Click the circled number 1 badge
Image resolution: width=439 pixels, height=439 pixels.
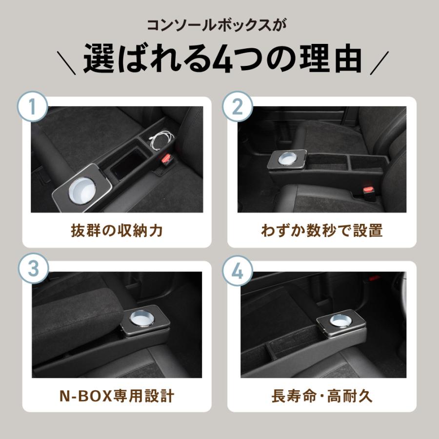click(x=33, y=106)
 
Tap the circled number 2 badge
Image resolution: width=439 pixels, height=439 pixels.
click(x=238, y=106)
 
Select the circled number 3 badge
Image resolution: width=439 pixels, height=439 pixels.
click(x=33, y=268)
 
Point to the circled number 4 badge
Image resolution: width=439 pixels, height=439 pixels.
click(x=238, y=271)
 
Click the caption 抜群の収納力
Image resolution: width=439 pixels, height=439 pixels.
click(x=117, y=231)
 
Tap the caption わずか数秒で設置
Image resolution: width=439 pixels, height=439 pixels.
click(x=322, y=231)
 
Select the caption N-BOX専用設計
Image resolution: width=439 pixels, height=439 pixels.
click(x=117, y=396)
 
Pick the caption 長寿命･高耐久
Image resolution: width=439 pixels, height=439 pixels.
click(x=322, y=396)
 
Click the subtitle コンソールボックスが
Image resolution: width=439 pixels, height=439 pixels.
click(x=217, y=25)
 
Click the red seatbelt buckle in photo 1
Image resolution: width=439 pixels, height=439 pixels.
click(x=167, y=160)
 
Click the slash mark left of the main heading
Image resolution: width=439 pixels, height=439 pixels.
click(x=66, y=63)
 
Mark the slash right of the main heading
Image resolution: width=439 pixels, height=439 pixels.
click(x=379, y=63)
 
